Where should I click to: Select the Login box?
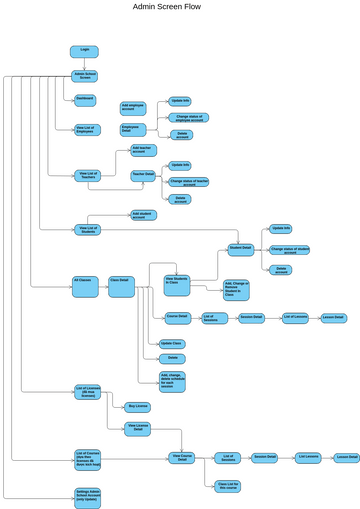[84, 51]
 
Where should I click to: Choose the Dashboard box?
[86, 98]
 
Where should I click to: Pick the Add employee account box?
[132, 107]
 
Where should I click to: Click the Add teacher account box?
[145, 151]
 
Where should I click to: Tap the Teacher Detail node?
[144, 174]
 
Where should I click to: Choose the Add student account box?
[144, 214]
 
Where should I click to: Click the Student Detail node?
[240, 247]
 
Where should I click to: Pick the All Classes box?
[86, 281]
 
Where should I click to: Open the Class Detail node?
[121, 281]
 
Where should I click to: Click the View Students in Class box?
[178, 281]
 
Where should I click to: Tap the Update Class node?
[171, 343]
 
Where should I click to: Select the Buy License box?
[138, 406]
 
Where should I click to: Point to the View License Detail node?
[138, 428]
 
